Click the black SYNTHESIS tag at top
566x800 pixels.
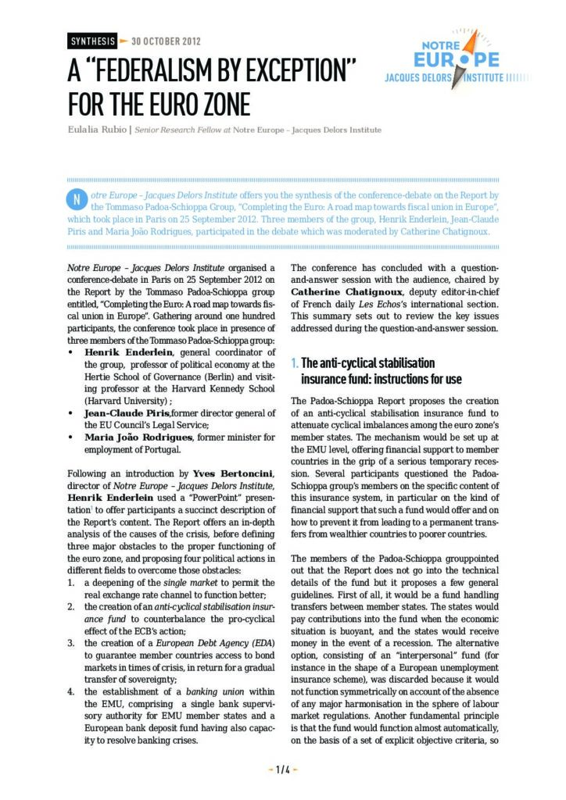(x=91, y=41)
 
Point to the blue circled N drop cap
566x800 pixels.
(x=77, y=199)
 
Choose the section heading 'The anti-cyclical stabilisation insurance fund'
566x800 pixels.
(x=368, y=371)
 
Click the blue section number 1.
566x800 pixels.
(x=294, y=363)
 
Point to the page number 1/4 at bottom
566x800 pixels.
(x=283, y=770)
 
